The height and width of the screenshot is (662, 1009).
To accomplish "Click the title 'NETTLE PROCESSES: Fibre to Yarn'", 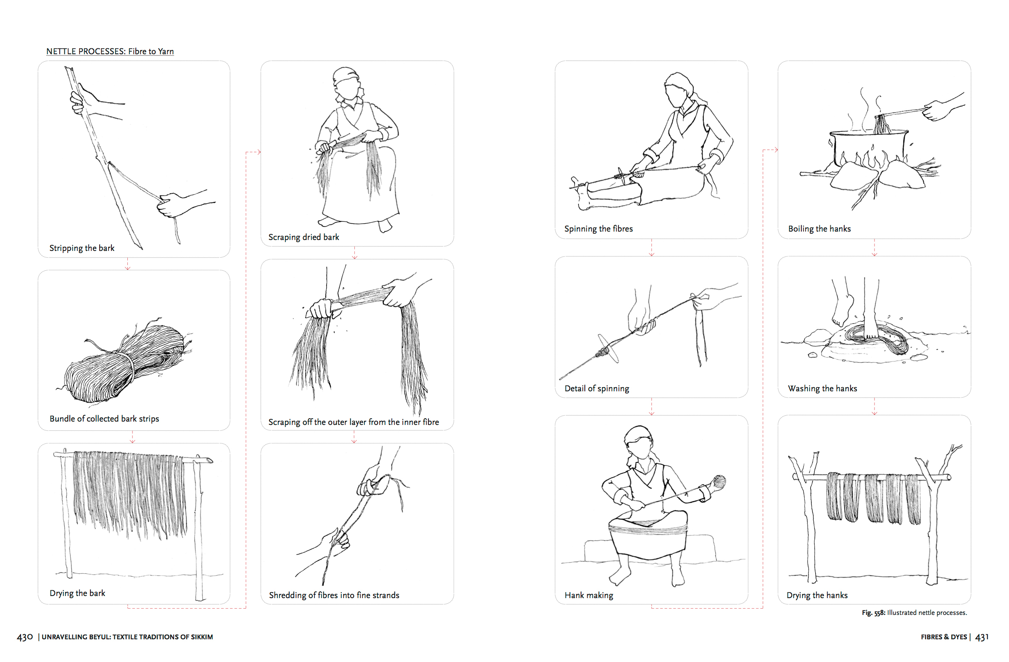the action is pyautogui.click(x=110, y=51).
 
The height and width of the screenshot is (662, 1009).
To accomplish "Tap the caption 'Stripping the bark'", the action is pyautogui.click(x=82, y=248).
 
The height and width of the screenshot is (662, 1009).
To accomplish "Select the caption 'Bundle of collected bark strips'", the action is pyautogui.click(x=104, y=419).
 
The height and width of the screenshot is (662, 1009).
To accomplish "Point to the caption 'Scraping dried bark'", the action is pyautogui.click(x=304, y=237).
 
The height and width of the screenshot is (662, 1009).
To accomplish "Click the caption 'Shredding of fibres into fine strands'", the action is pyautogui.click(x=334, y=595).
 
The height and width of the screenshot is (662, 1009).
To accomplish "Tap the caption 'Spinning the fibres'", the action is pyautogui.click(x=598, y=229).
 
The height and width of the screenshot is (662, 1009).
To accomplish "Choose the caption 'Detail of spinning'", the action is pyautogui.click(x=597, y=389).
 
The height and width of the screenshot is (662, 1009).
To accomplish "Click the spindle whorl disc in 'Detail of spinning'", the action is pyautogui.click(x=608, y=348).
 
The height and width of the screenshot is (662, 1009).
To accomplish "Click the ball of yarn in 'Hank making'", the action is pyautogui.click(x=719, y=482).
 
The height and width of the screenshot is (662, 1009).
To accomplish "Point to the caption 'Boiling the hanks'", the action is pyautogui.click(x=819, y=229).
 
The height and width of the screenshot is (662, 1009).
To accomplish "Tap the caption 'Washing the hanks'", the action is pyautogui.click(x=822, y=389).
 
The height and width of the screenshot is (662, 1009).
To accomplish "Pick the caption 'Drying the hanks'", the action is pyautogui.click(x=817, y=595).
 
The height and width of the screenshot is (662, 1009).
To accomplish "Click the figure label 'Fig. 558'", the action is pyautogui.click(x=873, y=613).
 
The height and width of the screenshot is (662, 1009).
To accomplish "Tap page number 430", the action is pyautogui.click(x=24, y=637).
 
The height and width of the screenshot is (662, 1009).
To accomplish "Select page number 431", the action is pyautogui.click(x=982, y=637).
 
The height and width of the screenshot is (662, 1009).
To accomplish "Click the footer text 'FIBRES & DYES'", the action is pyautogui.click(x=944, y=637).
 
